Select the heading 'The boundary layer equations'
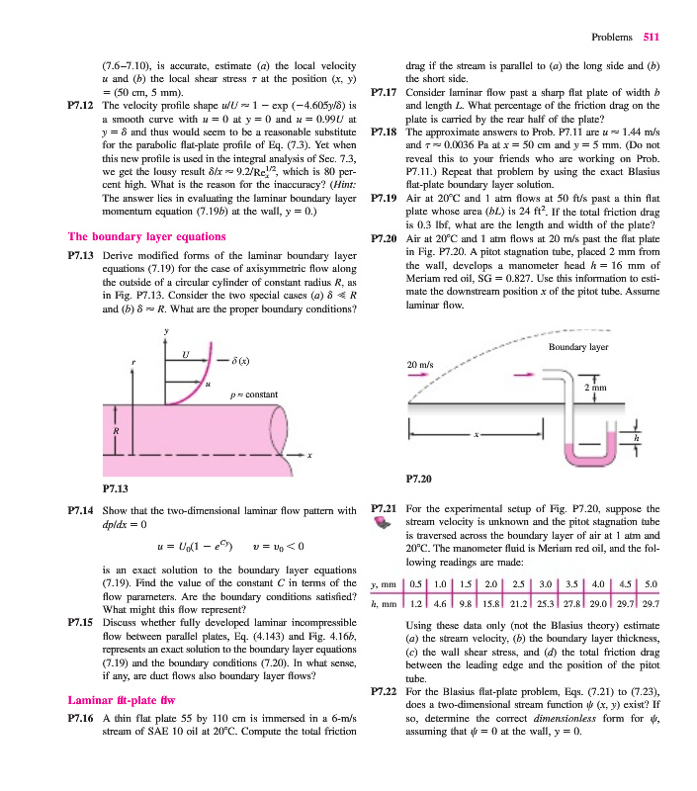point(145,237)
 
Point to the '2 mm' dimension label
point(594,389)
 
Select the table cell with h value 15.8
point(485,602)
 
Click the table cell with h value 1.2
point(416,602)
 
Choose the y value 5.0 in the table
point(651,582)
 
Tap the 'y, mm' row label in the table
point(383,582)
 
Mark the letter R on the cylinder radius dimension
point(115,432)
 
